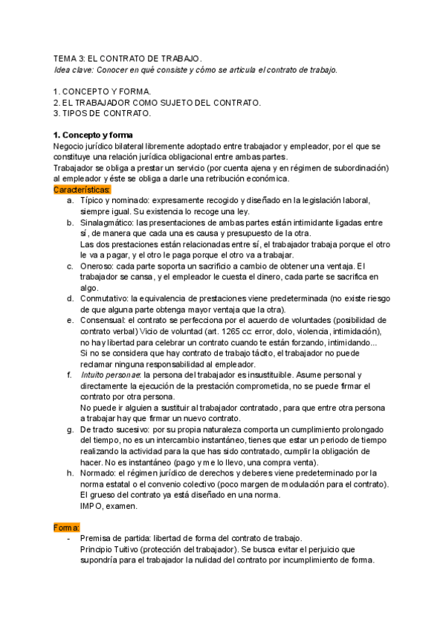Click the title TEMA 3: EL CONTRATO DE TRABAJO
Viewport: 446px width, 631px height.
point(127,58)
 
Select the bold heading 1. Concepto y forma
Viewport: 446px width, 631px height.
point(94,135)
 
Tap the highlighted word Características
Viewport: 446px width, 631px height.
point(83,190)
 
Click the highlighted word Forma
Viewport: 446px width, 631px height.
point(65,528)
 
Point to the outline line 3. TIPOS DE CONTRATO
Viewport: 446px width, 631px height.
point(102,114)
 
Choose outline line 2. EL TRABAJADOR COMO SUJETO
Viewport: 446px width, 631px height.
point(157,102)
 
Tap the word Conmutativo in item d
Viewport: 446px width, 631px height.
point(103,298)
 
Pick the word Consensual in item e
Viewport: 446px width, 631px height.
point(101,320)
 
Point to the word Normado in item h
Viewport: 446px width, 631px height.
point(98,473)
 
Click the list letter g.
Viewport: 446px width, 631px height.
point(69,430)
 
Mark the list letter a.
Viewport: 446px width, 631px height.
point(69,202)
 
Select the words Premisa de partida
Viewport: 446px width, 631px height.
point(115,539)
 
